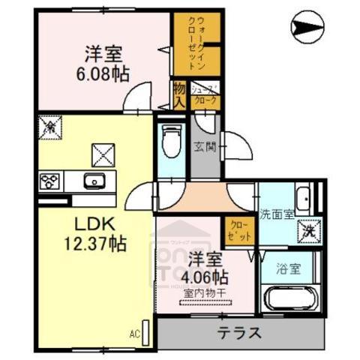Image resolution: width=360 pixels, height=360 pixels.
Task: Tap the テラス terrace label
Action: point(241,333)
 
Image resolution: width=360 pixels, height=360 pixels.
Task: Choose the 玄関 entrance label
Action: point(204,147)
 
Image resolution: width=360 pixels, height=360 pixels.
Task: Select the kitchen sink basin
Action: point(94,181)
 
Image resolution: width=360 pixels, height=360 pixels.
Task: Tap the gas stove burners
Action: point(52,181)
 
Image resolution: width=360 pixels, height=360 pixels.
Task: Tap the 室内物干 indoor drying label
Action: point(205,293)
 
